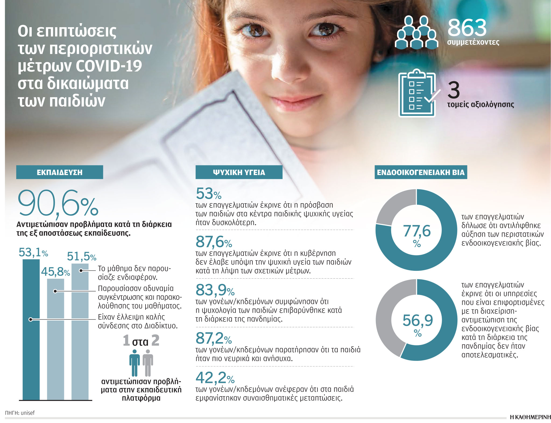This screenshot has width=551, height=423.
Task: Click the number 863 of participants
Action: tap(467, 28)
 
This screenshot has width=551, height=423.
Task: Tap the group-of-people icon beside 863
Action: tap(416, 33)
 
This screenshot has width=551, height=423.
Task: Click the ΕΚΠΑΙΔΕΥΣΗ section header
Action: tap(59, 172)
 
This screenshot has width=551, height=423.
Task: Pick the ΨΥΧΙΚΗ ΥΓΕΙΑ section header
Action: tap(239, 172)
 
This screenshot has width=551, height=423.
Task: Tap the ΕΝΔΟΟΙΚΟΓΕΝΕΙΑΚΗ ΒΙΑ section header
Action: tap(421, 172)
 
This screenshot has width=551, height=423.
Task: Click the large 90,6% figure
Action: tap(58, 203)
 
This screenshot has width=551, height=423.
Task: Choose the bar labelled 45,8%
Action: tap(55, 339)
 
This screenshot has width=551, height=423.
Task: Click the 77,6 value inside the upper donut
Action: tap(416, 231)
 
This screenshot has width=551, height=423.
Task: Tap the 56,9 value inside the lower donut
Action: tap(418, 320)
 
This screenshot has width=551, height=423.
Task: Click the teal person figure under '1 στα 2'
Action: tap(135, 362)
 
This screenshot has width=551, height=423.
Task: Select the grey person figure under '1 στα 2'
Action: tap(148, 362)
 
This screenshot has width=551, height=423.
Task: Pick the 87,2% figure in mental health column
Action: tap(213, 339)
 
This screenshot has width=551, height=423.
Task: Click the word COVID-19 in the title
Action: tap(109, 66)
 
